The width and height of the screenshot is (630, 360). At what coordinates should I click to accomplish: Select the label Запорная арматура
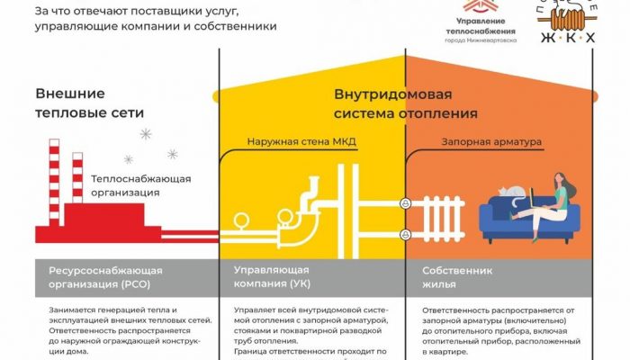(479, 140)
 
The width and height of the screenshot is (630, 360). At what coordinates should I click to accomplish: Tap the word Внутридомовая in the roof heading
(393, 94)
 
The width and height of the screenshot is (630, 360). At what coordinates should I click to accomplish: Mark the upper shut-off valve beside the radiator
(406, 203)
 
